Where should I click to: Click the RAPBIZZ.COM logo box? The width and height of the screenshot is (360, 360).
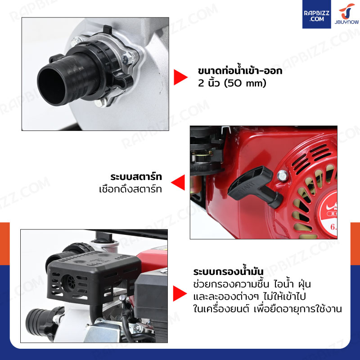tap(316, 14)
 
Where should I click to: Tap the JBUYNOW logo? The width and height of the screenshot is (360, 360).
tap(346, 14)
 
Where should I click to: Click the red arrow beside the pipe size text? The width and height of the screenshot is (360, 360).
tap(180, 77)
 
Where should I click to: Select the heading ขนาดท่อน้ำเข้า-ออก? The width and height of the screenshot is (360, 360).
tap(240, 71)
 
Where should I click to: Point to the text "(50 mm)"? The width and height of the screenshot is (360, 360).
tap(245, 83)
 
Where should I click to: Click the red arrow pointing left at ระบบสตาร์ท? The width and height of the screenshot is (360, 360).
tap(178, 182)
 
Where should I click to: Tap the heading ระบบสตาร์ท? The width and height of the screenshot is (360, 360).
tap(136, 177)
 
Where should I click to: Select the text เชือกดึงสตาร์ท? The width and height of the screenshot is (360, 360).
tap(130, 189)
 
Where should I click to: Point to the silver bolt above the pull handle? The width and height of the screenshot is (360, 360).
tap(283, 176)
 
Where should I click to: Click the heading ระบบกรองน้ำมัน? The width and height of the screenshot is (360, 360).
tap(228, 272)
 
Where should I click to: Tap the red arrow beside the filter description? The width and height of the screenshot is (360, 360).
tap(180, 293)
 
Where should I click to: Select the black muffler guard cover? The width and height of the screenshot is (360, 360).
tap(94, 277)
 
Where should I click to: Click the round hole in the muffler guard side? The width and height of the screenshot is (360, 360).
tap(68, 282)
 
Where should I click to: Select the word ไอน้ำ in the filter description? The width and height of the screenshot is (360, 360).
tap(284, 284)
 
